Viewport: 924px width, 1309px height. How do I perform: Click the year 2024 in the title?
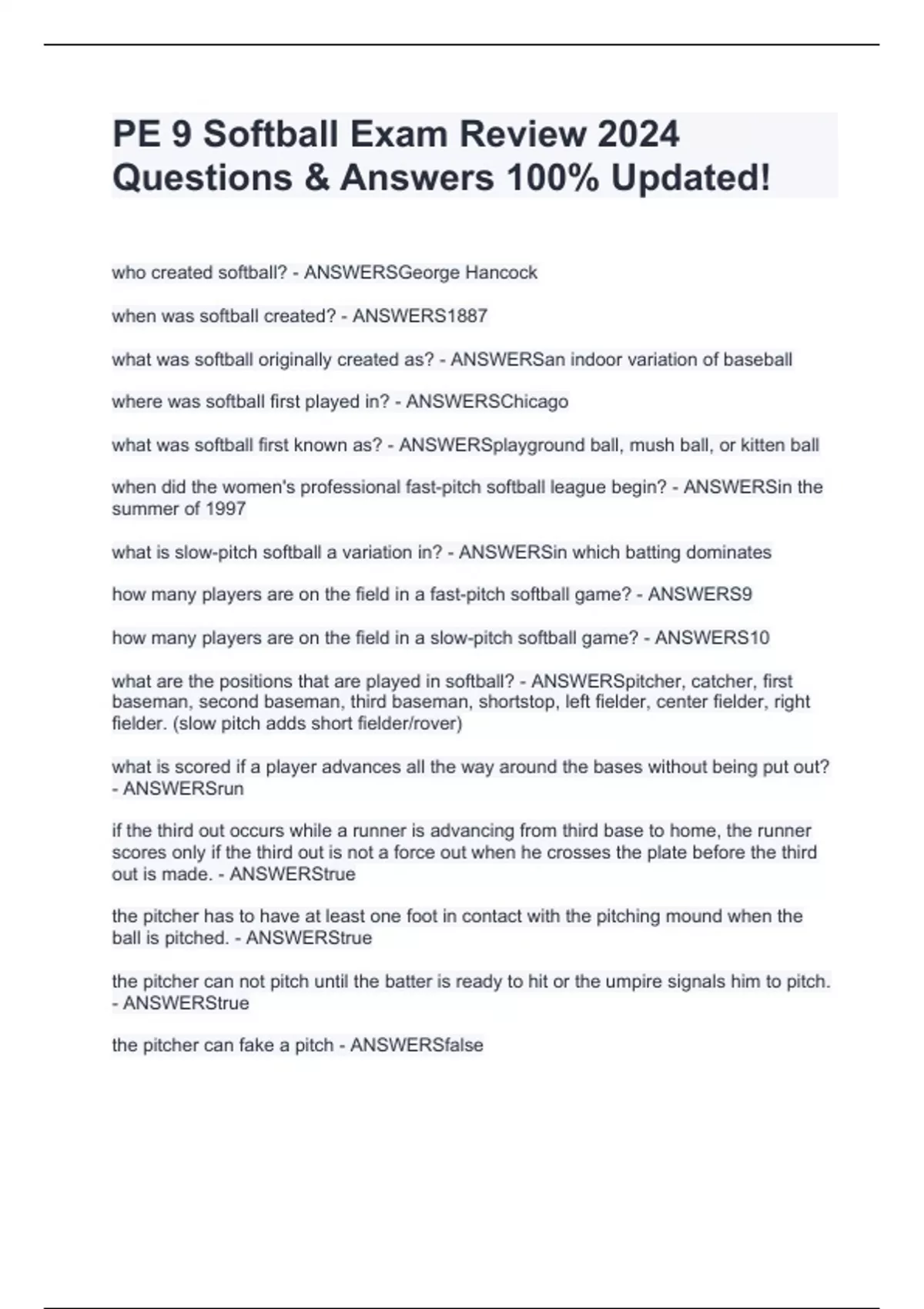638,134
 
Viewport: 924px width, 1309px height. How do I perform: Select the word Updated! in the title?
691,178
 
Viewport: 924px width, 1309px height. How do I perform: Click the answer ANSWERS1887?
420,316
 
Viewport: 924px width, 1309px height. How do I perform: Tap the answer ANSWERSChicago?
487,402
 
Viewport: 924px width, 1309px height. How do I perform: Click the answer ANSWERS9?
700,594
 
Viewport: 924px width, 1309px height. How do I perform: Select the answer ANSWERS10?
711,638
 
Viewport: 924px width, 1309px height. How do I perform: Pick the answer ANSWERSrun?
183,788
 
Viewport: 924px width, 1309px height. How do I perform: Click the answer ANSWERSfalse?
417,1045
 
